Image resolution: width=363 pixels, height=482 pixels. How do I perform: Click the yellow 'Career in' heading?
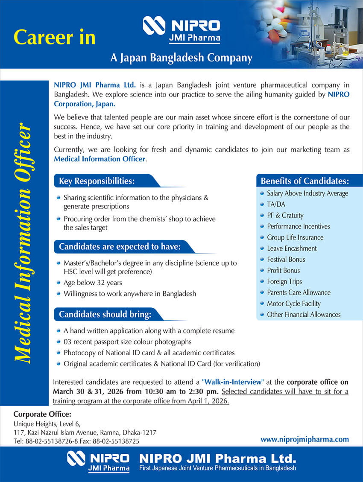pyautogui.click(x=54, y=37)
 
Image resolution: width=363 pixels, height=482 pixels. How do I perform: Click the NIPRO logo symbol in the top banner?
pyautogui.click(x=154, y=25)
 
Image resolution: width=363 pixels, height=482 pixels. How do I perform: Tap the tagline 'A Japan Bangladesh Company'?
pyautogui.click(x=181, y=58)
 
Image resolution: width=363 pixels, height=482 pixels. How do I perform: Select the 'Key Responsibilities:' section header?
pyautogui.click(x=97, y=181)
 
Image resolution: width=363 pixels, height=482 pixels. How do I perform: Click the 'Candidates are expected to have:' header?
pyautogui.click(x=120, y=246)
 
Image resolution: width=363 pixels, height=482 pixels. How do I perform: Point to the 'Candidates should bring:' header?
pyautogui.click(x=105, y=315)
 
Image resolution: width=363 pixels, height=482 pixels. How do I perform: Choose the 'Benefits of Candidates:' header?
pyautogui.click(x=305, y=181)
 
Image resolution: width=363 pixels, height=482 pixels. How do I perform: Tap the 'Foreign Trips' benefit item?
pyautogui.click(x=284, y=281)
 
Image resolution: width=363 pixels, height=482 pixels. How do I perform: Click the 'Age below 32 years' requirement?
pyautogui.click(x=93, y=283)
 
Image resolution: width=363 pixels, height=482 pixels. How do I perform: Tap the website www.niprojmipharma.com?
pyautogui.click(x=304, y=439)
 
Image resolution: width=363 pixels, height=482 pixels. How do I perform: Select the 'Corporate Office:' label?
pyautogui.click(x=42, y=414)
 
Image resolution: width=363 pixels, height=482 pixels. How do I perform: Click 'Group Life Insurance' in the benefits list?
pyautogui.click(x=295, y=237)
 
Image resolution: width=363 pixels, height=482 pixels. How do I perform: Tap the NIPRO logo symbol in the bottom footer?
pyautogui.click(x=76, y=459)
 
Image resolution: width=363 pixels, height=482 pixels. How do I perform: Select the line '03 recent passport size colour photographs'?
pyautogui.click(x=127, y=342)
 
